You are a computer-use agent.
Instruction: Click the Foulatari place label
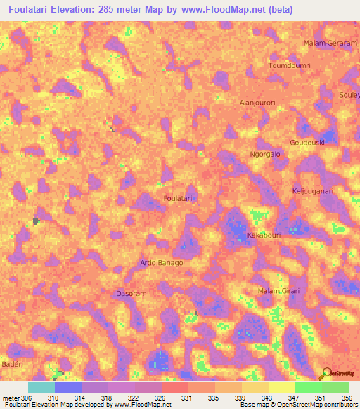[178, 199]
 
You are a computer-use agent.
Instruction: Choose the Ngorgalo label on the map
[266, 154]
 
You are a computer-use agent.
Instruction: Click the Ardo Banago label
[162, 263]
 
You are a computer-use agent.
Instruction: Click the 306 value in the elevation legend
[21, 398]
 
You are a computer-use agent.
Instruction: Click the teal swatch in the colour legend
[41, 387]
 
